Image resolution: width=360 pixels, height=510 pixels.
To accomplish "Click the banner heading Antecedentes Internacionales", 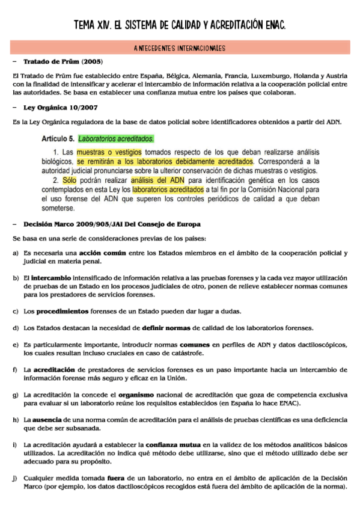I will pyautogui.click(x=180, y=48).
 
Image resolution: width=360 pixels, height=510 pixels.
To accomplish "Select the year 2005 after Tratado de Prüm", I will pyautogui.click(x=93, y=62).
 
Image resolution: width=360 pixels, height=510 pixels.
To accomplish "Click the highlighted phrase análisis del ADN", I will pyautogui.click(x=154, y=180).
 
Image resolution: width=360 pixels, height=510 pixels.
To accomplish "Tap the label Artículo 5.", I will pyautogui.click(x=58, y=138).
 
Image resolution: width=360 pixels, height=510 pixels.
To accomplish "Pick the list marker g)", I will pyautogui.click(x=15, y=395).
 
